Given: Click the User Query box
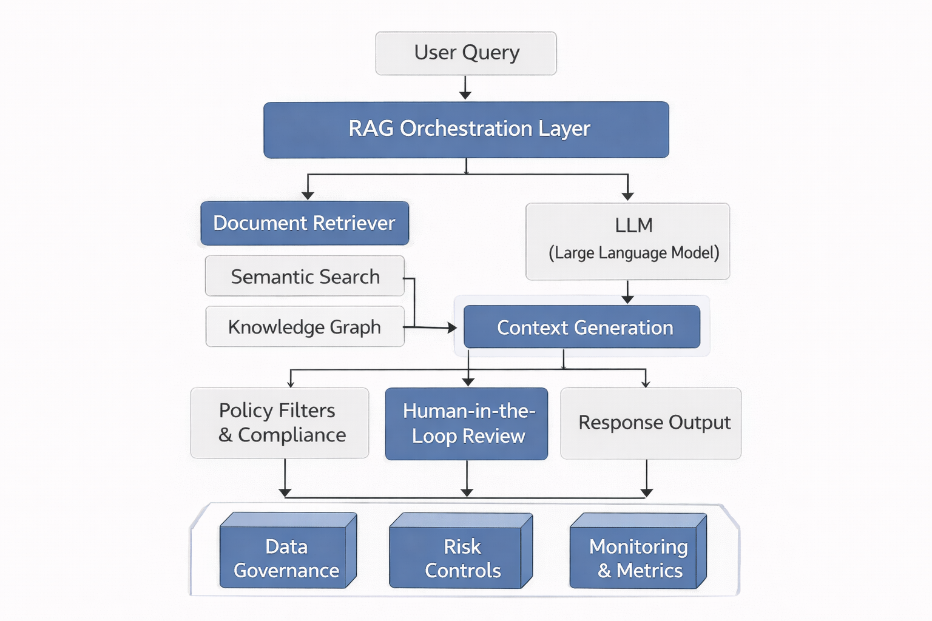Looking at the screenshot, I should tap(466, 53).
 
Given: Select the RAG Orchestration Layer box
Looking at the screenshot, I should tap(466, 129).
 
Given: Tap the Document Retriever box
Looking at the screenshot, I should tap(305, 223).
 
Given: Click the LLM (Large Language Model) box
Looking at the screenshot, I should tap(627, 241).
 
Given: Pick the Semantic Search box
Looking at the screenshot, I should tap(305, 277).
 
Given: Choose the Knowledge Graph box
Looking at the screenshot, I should tap(305, 327).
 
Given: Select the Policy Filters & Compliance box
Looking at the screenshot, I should tap(280, 423).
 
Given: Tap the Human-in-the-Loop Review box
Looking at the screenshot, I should tap(466, 423).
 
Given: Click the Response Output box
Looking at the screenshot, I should tap(650, 423).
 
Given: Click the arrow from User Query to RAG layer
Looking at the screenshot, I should tap(465, 88).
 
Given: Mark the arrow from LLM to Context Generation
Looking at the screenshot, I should tap(627, 292).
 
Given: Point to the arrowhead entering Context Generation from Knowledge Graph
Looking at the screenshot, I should tap(451, 327).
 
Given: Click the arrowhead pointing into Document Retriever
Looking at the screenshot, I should tap(308, 195).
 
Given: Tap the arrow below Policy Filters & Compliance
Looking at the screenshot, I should tap(285, 479).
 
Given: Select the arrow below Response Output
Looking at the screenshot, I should tap(647, 479).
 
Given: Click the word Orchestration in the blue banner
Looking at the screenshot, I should tap(466, 129).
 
